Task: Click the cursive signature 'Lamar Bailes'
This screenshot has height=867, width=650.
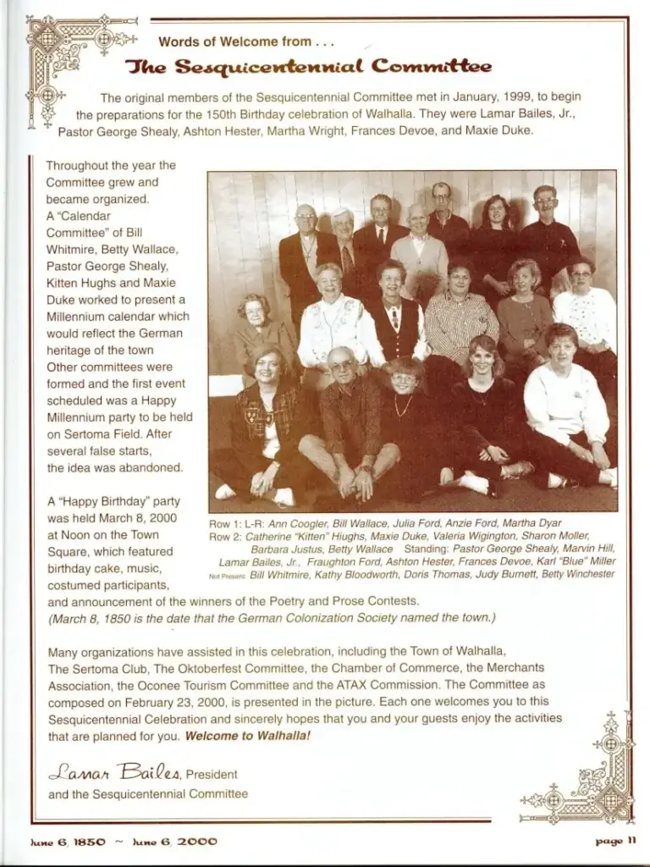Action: [114, 771]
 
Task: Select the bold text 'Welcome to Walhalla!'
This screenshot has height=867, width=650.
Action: [247, 736]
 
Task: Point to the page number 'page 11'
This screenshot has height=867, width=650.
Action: [615, 842]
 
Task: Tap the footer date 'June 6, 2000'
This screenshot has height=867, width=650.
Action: [176, 842]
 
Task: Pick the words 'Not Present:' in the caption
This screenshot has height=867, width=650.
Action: [227, 576]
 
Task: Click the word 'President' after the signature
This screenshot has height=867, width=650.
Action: [212, 773]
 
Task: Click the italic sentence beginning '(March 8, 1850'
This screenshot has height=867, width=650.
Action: [271, 617]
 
